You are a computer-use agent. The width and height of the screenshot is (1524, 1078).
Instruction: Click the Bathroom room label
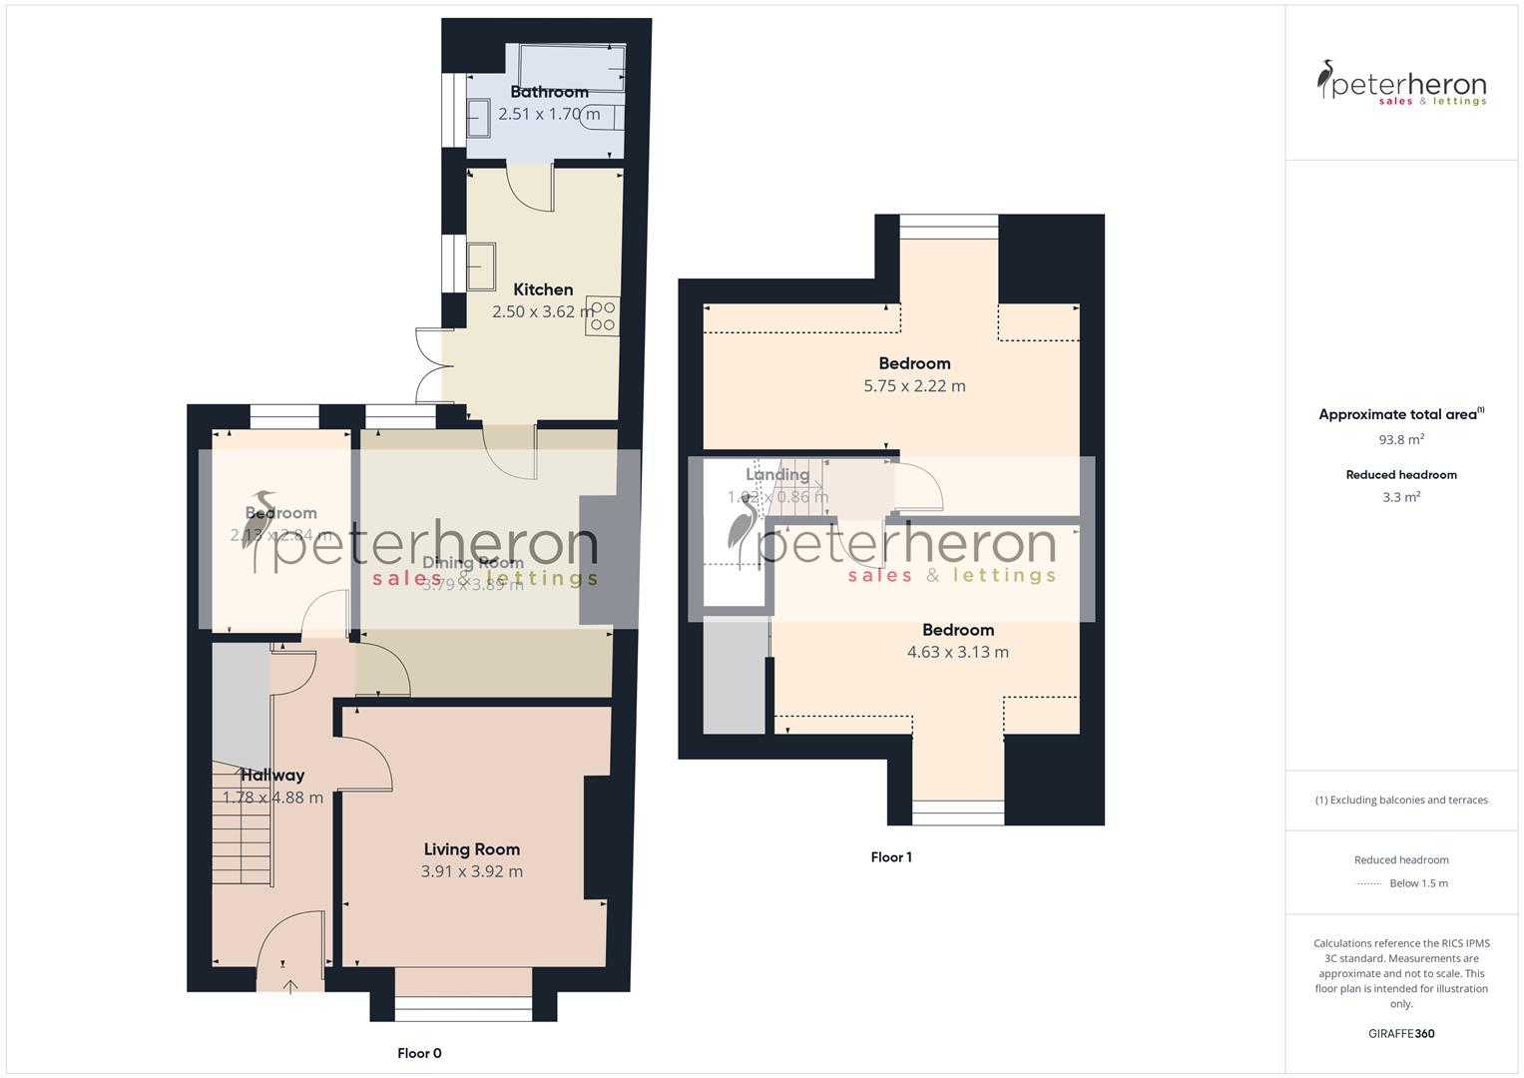[x=549, y=92]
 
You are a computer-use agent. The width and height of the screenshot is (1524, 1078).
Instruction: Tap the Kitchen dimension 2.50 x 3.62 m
[x=543, y=311]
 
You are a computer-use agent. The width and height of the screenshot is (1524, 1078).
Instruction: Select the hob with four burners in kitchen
[x=603, y=315]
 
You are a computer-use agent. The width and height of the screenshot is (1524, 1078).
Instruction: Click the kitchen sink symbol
[x=483, y=267]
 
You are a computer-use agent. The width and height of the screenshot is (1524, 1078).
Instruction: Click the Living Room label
[x=471, y=849]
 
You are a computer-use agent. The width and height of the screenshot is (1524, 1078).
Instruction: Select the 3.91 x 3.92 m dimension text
[x=471, y=871]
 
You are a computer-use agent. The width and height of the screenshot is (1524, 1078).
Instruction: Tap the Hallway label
[x=272, y=776]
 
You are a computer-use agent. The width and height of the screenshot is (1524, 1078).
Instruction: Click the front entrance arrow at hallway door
[x=290, y=987]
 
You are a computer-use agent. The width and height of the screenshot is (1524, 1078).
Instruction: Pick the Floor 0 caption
[x=419, y=1053]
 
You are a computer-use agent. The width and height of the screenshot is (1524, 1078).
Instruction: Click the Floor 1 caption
[x=891, y=856]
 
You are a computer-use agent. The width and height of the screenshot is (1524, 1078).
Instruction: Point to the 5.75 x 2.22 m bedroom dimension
[x=914, y=386]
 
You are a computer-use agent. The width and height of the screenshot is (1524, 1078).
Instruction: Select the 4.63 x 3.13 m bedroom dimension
[x=957, y=653]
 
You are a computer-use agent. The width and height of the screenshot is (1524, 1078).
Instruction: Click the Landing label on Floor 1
[x=777, y=475]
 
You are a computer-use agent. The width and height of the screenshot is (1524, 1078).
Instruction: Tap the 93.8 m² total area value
[x=1401, y=439]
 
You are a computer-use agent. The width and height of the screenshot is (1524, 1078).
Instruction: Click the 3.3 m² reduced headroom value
[x=1401, y=497]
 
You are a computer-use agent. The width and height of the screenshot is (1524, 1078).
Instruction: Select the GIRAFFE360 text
[x=1401, y=1033]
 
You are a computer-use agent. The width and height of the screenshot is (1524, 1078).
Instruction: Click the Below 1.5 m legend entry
[x=1418, y=883]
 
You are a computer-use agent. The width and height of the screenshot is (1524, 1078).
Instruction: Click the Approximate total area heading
[x=1399, y=414]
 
